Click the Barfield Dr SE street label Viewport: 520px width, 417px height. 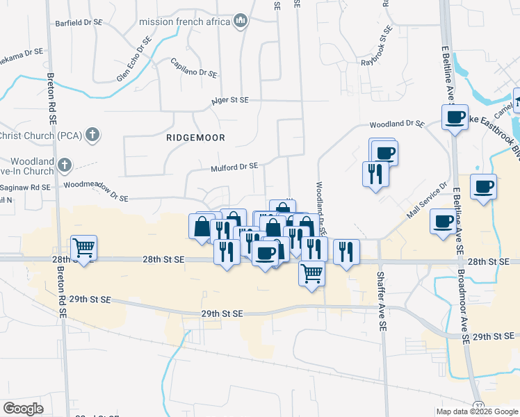[x=79, y=22]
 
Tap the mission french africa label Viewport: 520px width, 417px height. [x=184, y=22]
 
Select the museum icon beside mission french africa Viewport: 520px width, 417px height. [x=241, y=22]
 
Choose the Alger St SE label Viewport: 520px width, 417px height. [x=230, y=100]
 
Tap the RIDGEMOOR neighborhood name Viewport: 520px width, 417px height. [x=196, y=138]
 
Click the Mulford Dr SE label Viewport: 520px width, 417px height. [x=234, y=167]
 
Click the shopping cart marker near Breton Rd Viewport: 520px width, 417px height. [x=83, y=247]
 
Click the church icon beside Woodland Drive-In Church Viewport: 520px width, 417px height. [x=64, y=165]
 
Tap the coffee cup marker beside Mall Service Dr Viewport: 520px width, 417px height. [x=443, y=222]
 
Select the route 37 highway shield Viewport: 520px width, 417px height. [x=478, y=404]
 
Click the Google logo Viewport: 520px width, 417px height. [x=23, y=409]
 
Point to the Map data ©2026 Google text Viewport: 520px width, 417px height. [x=476, y=411]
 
